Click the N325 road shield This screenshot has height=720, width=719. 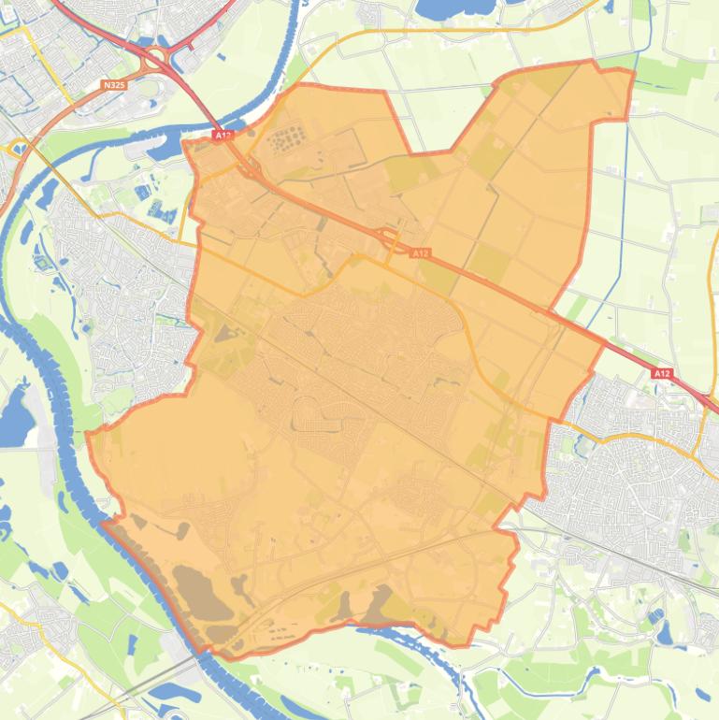tap(113, 85)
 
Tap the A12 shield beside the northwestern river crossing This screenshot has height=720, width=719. tap(222, 136)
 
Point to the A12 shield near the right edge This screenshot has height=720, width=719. tap(662, 373)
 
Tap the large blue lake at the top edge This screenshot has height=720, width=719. tap(445, 9)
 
